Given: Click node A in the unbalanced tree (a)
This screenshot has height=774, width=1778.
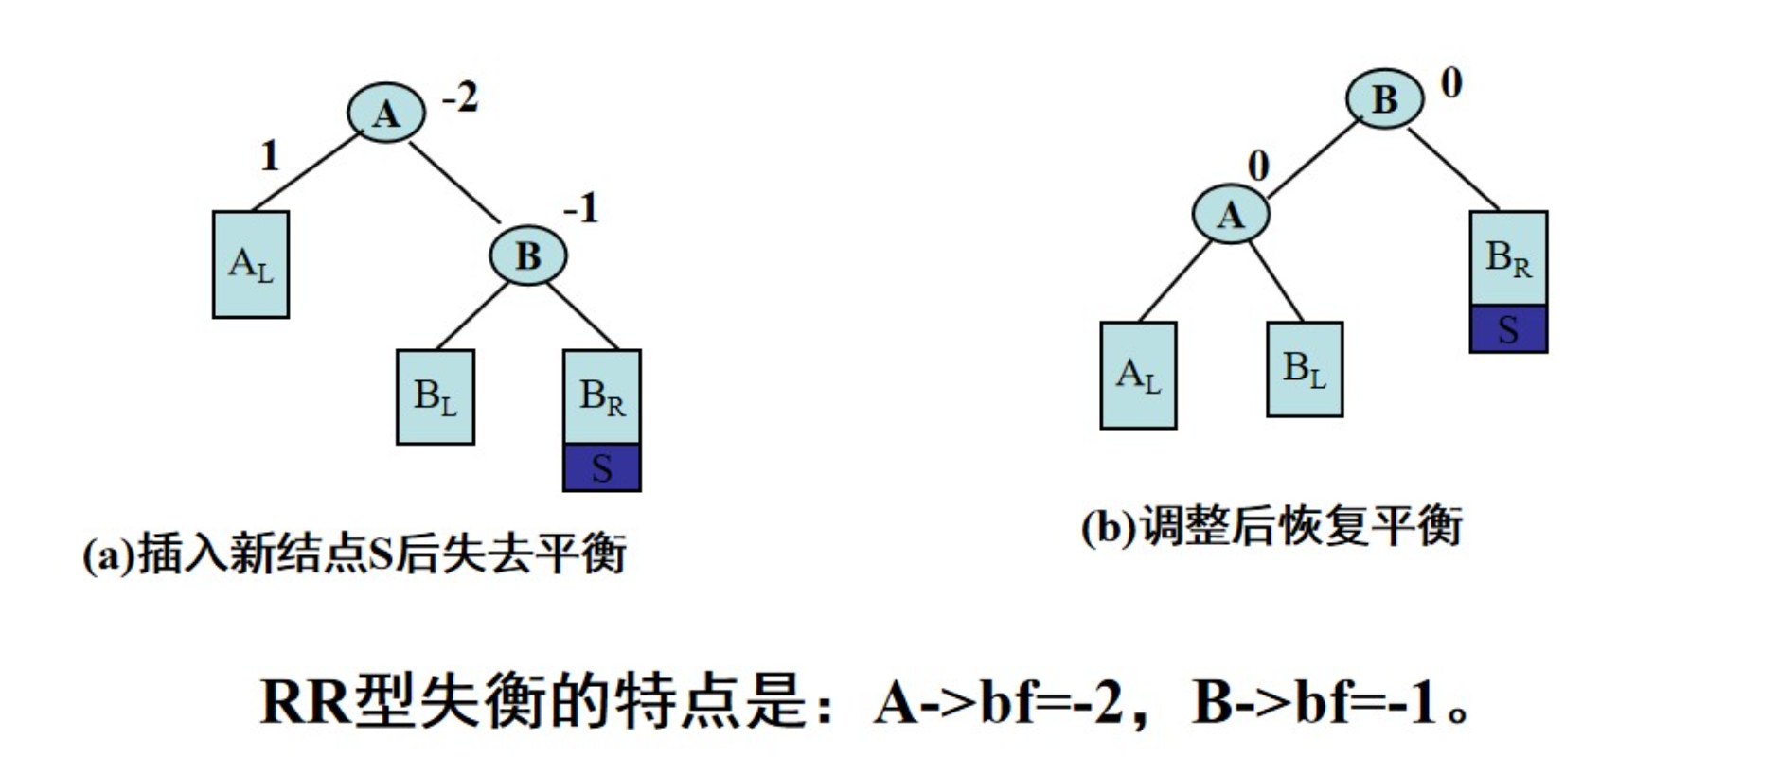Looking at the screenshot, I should pyautogui.click(x=385, y=114).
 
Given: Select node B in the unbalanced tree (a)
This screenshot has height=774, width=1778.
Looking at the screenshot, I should pyautogui.click(x=527, y=255).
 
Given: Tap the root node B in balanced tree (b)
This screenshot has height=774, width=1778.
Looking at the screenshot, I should pyautogui.click(x=1384, y=98).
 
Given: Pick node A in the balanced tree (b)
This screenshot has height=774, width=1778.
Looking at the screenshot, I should pyautogui.click(x=1230, y=215).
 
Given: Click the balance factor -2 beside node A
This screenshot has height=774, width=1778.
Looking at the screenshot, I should pyautogui.click(x=461, y=97).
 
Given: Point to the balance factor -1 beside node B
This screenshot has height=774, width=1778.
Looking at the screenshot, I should pyautogui.click(x=581, y=207).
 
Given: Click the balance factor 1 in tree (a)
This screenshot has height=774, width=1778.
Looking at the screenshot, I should pyautogui.click(x=270, y=156).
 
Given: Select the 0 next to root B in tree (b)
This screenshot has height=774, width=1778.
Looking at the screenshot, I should pyautogui.click(x=1450, y=83).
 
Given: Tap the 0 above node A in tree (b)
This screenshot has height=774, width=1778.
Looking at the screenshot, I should pyautogui.click(x=1257, y=166).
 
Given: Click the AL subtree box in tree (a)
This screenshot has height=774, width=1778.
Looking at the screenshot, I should pyautogui.click(x=251, y=264).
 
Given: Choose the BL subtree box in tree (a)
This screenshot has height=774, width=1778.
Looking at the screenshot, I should pyautogui.click(x=435, y=396).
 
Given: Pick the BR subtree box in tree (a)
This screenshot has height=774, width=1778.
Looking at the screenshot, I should pyautogui.click(x=601, y=396).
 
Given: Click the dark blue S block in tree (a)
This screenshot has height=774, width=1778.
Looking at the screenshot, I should pyautogui.click(x=601, y=467).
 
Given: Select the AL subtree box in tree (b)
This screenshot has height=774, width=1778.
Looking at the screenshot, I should pyautogui.click(x=1138, y=376).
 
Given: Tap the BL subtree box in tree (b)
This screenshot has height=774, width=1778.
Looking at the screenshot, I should pyautogui.click(x=1304, y=369).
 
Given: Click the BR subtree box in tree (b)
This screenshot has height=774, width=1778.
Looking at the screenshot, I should pyautogui.click(x=1507, y=257).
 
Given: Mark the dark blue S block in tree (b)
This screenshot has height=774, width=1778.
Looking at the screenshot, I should pyautogui.click(x=1507, y=329).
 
